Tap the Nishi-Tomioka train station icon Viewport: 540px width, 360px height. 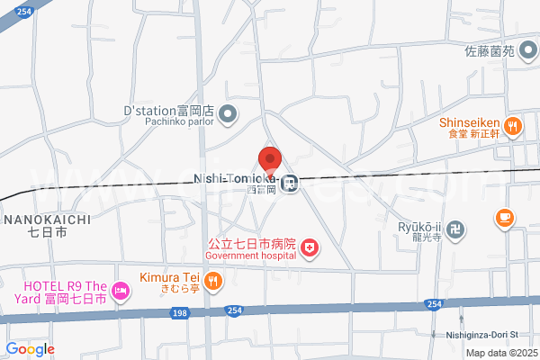click(x=289, y=184)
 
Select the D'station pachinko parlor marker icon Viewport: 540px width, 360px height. click(x=227, y=113)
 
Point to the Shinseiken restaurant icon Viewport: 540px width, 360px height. click(x=512, y=126)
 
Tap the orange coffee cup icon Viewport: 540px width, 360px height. click(x=504, y=217)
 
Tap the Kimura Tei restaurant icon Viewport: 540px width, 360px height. click(x=212, y=281)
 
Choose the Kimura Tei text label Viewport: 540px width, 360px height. click(x=168, y=278)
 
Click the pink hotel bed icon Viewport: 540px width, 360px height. click(x=121, y=291)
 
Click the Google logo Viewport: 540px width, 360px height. click(x=30, y=349)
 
